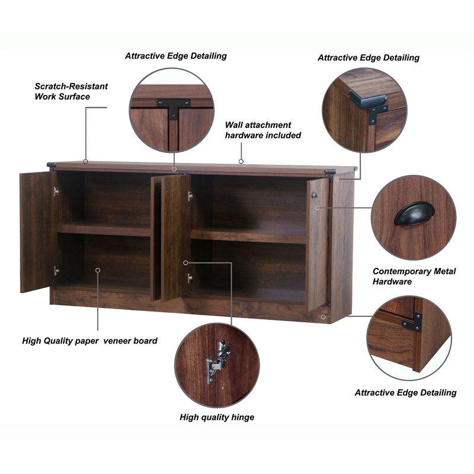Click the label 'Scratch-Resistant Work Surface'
pos(71,91)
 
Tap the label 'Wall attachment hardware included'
pos(262,130)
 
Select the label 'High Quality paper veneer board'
pos(89,341)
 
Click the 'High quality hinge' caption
pos(217,417)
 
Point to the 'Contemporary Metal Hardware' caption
pos(414,277)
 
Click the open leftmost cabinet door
pos(36,231)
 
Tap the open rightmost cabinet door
pos(317,243)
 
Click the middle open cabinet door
pos(175,237)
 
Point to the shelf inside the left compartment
pos(104,229)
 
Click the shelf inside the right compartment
pos(249,235)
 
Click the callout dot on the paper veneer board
pos(98,270)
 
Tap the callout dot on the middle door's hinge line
pos(185,262)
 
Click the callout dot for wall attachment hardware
pos(241,161)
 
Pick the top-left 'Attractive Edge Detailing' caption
pos(175,56)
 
